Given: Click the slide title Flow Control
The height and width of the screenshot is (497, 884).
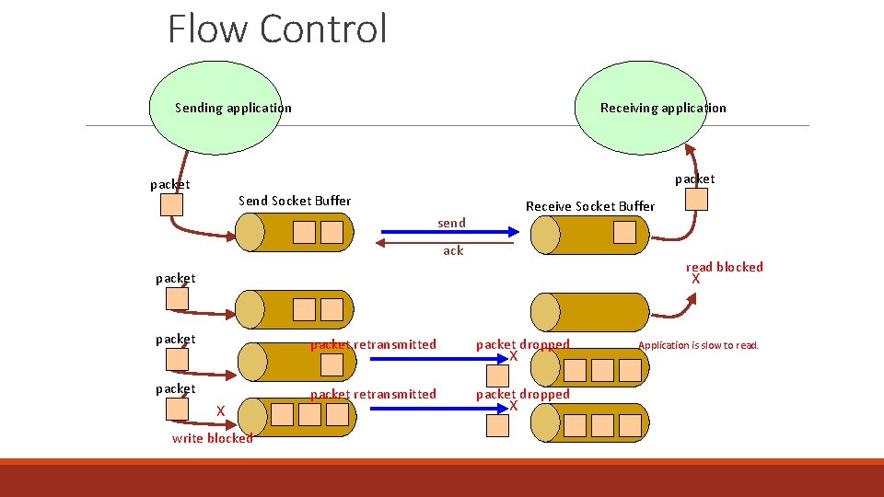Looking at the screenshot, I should pyautogui.click(x=277, y=28).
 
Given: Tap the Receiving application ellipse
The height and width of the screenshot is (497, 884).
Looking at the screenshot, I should pyautogui.click(x=663, y=108).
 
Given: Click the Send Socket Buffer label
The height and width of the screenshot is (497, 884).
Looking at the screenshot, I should pyautogui.click(x=295, y=201).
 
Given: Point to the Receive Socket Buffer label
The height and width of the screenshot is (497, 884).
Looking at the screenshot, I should pyautogui.click(x=589, y=206).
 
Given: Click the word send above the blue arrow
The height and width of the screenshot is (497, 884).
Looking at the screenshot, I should pyautogui.click(x=451, y=223).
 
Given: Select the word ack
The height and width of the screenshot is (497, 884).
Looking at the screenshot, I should pyautogui.click(x=453, y=250).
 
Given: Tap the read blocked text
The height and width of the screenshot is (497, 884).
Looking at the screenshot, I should pyautogui.click(x=724, y=267).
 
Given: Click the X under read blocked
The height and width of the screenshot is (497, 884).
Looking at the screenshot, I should pyautogui.click(x=696, y=279).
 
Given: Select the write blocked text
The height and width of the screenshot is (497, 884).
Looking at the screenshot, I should pyautogui.click(x=212, y=438).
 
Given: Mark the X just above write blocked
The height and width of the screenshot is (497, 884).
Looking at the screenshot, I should pyautogui.click(x=220, y=410).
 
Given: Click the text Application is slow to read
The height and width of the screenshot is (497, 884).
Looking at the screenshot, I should pyautogui.click(x=697, y=345).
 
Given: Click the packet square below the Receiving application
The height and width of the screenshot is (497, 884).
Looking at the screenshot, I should pyautogui.click(x=697, y=200).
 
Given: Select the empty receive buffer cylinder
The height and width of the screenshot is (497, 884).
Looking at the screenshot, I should pyautogui.click(x=589, y=310).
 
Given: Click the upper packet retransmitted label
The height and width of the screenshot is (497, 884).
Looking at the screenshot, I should pyautogui.click(x=373, y=344).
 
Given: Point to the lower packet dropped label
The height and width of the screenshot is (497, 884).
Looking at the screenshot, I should pyautogui.click(x=522, y=394).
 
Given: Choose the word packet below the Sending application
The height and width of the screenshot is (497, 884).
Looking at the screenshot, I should pyautogui.click(x=170, y=184).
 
